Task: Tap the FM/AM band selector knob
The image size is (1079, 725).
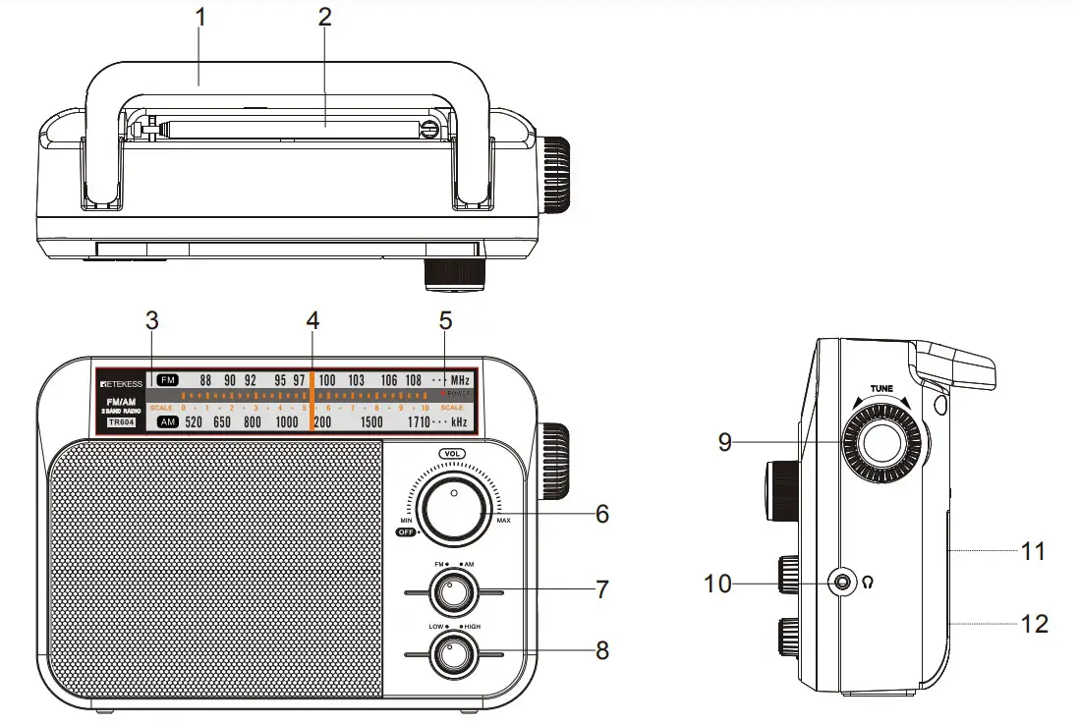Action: (x=453, y=592)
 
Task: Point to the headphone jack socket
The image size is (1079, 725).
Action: (x=842, y=583)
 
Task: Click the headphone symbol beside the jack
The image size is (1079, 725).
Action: (x=868, y=583)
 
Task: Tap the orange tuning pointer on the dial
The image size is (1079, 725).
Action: (x=312, y=401)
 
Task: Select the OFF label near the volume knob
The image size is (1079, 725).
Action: (x=405, y=531)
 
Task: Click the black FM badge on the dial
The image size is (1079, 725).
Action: (x=168, y=380)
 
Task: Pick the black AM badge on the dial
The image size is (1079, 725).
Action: (x=168, y=421)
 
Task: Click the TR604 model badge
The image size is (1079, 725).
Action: (x=122, y=422)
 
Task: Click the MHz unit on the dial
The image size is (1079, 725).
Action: (x=460, y=380)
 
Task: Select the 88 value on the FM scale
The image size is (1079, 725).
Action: (x=205, y=380)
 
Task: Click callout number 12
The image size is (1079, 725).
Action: (x=1034, y=623)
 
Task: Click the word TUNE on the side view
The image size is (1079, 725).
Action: (x=880, y=389)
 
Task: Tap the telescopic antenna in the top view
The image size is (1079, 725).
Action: (x=295, y=126)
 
